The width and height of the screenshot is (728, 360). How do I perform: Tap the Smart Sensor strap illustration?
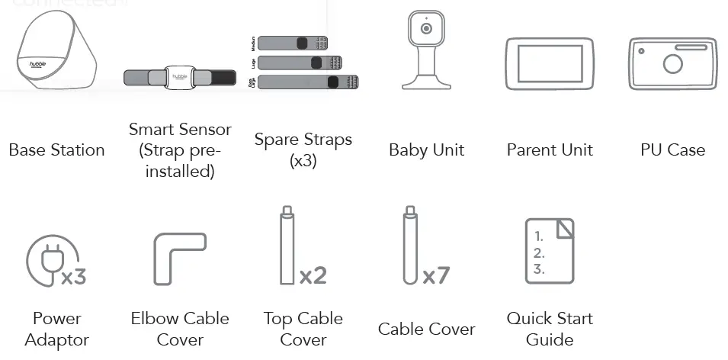point(180,77)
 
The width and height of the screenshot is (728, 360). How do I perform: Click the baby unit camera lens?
point(426,30)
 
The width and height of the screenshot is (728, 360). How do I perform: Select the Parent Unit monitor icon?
point(549,63)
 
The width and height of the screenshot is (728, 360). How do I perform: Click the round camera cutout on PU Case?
point(672,63)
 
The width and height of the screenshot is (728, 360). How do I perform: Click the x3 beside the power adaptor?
point(74,276)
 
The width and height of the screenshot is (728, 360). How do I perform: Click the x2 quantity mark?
point(313,275)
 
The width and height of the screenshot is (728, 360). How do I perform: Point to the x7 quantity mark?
point(435,275)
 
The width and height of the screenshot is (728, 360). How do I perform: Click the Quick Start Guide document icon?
point(549,251)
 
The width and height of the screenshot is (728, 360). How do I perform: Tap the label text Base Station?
point(56,150)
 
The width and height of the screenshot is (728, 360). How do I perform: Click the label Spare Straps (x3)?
point(303,150)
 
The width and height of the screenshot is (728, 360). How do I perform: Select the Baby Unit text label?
point(426,150)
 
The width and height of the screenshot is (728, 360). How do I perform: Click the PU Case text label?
point(672,150)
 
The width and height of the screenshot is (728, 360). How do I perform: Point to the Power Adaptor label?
point(56,329)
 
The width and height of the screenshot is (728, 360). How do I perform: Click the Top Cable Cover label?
point(303,329)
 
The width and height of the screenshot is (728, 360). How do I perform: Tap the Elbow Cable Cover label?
point(180,329)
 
